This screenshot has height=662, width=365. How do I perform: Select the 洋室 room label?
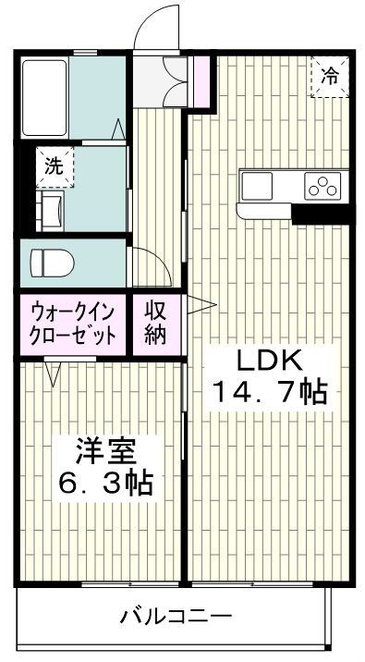coord(105,453)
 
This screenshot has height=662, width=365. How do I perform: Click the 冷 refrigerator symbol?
coord(330,78)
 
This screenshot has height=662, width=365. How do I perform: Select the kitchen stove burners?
coord(324,185)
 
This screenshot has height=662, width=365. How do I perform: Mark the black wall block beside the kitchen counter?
coord(320,215)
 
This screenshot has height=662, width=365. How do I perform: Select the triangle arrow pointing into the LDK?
coord(202,305)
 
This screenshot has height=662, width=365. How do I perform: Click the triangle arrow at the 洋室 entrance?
coord(54,374)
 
